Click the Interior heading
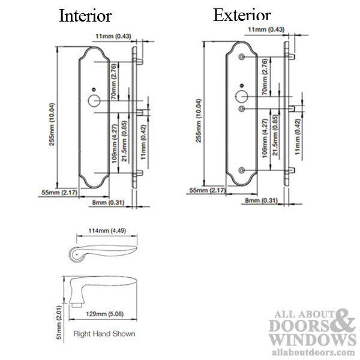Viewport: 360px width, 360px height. [85, 16]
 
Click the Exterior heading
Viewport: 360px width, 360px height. [242, 15]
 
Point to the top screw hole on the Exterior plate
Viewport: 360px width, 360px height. [241, 56]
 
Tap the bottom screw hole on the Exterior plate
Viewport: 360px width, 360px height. [241, 170]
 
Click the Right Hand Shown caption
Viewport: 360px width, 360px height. [104, 333]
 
